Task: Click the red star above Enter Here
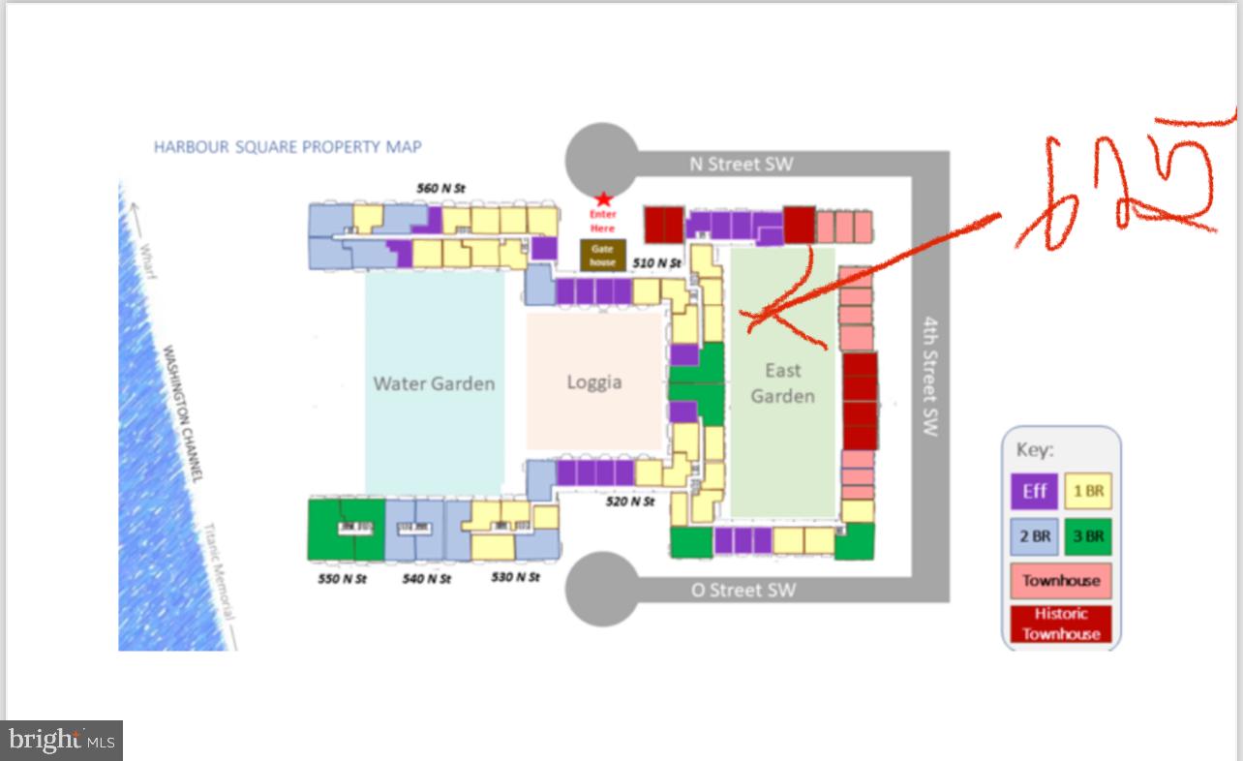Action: click(602, 198)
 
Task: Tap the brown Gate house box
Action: click(602, 256)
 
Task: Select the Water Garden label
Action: click(434, 383)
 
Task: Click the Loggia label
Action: click(594, 381)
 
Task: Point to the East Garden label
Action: click(782, 382)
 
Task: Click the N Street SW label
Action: click(741, 165)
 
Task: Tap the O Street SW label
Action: click(743, 590)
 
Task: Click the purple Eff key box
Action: click(1034, 491)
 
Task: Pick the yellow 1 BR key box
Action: click(1088, 491)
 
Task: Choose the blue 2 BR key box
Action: click(1034, 535)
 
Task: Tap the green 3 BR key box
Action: click(1088, 535)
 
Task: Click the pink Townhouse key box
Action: click(1061, 581)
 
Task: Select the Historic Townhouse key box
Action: click(1061, 624)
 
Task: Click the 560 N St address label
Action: click(441, 188)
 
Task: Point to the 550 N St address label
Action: click(343, 579)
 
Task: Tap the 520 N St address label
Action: click(630, 502)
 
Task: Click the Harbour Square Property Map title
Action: click(288, 147)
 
